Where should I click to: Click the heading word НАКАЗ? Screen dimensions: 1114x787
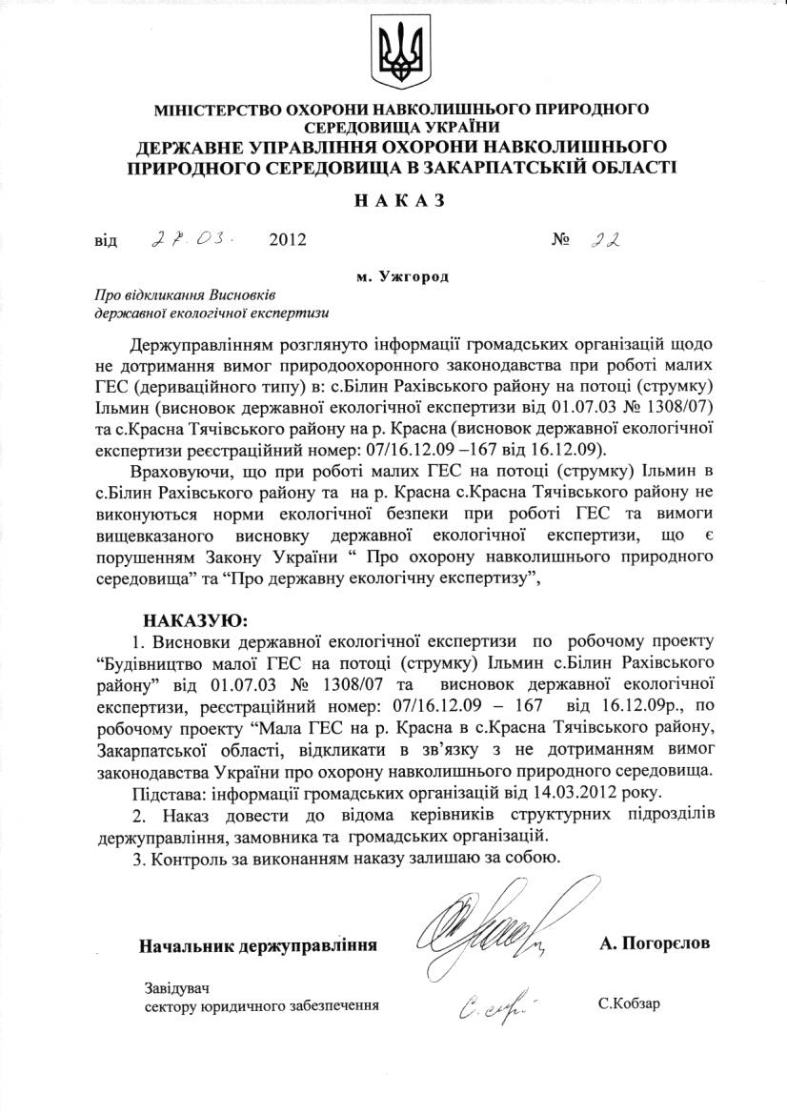pyautogui.click(x=393, y=202)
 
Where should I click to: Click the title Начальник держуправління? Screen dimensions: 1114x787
pyautogui.click(x=258, y=945)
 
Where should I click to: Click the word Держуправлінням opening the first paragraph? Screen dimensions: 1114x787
pyautogui.click(x=199, y=343)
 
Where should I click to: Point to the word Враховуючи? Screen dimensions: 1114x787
pyautogui.click(x=178, y=472)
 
